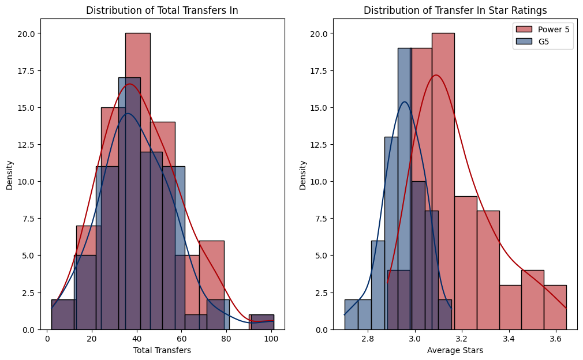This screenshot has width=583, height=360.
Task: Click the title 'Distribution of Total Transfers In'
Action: tap(162, 10)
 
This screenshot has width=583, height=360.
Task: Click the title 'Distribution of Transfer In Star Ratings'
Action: tap(455, 10)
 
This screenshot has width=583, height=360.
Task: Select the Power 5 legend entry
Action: tap(542, 29)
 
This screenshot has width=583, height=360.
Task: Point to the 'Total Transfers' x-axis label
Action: tap(162, 350)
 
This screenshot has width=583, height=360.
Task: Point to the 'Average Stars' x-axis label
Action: tap(455, 350)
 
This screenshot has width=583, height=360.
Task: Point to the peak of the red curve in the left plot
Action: tap(130, 84)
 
